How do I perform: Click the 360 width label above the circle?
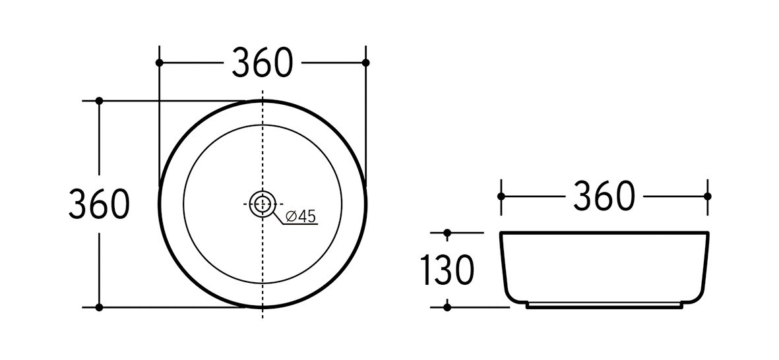262,63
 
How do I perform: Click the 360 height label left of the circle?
99,204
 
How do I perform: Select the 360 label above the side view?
604,196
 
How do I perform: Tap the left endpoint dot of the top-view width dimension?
159,63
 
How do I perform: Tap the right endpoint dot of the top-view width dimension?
367,63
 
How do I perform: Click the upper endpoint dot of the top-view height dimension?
99,101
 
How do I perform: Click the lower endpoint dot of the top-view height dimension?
99,307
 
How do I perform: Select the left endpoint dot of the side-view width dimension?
501,196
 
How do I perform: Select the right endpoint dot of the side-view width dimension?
708,196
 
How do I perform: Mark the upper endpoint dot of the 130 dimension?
447,233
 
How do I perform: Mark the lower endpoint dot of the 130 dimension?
447,307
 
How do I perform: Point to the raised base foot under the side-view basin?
604,305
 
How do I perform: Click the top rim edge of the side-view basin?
604,233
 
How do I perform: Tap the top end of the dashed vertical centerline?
263,91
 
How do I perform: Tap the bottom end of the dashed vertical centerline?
263,318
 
